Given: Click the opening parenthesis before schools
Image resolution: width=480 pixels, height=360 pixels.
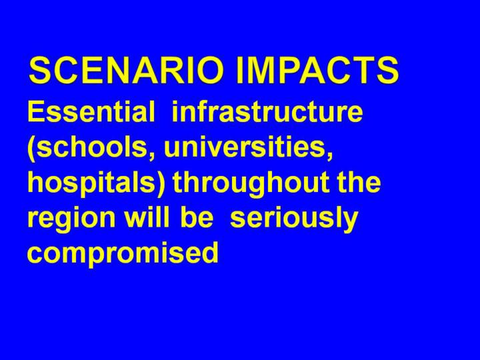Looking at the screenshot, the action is tap(31, 148).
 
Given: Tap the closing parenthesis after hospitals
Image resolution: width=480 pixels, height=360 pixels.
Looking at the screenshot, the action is tap(161, 185).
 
